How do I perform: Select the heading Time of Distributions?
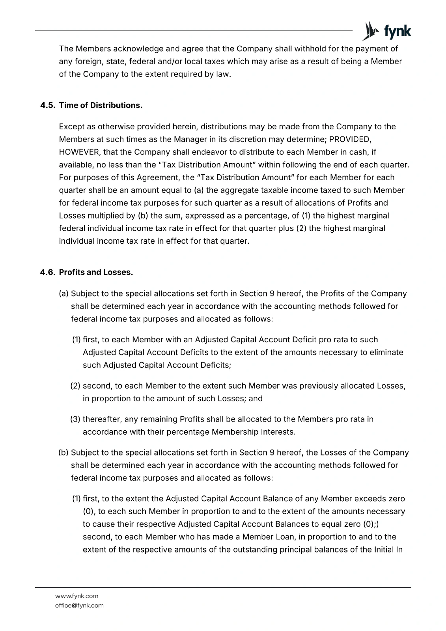pos(101,106)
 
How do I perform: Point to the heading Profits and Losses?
pos(96,273)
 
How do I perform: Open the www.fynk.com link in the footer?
pos(77,596)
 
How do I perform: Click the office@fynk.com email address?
pos(79,605)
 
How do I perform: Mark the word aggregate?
pos(226,190)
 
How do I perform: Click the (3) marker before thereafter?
pos(75,419)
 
